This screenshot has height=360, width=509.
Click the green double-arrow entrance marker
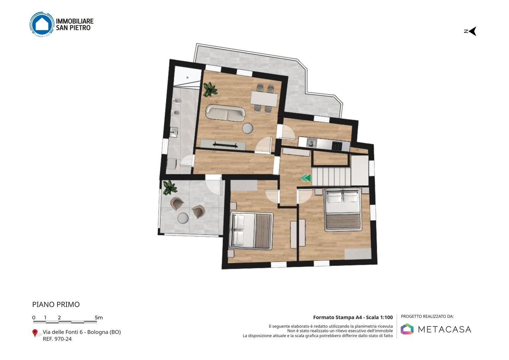click(x=306, y=178)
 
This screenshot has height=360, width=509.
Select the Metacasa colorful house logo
click(x=407, y=329)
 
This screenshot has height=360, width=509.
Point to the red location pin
click(x=35, y=333)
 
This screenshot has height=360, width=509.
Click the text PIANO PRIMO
click(x=56, y=304)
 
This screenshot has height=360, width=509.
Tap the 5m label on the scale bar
click(x=99, y=318)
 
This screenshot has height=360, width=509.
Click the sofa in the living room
click(x=225, y=113)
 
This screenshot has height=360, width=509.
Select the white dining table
click(x=264, y=99)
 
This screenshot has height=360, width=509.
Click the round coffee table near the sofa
click(x=247, y=128)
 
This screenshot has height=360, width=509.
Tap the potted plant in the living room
click(x=210, y=89)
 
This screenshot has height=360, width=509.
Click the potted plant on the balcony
click(x=170, y=187)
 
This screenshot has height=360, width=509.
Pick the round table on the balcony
click(x=183, y=218)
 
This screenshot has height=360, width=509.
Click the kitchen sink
click(x=311, y=143)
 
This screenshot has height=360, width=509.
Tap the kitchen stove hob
click(x=337, y=146)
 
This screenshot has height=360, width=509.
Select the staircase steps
click(x=331, y=176)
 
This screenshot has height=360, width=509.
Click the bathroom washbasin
click(x=174, y=132)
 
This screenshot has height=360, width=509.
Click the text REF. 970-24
click(x=57, y=339)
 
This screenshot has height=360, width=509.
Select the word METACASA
click(x=445, y=329)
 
